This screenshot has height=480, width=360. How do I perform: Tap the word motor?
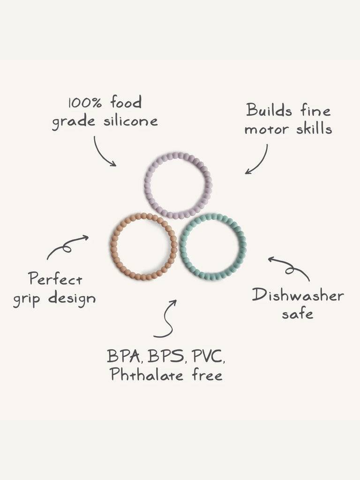pos(265,129)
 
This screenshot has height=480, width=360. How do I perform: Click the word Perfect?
pos(55,279)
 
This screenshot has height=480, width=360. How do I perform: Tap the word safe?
pos(297,314)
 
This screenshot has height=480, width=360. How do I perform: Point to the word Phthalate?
pos(145,375)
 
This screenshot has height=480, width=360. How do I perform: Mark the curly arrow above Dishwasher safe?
pos(289,267)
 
